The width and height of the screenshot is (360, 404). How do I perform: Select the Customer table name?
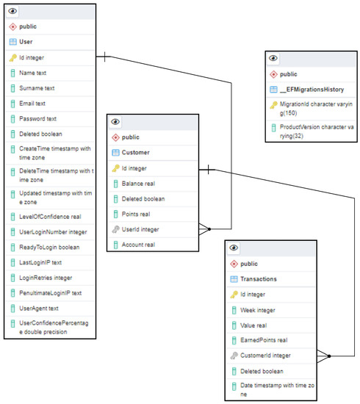(x=135, y=153)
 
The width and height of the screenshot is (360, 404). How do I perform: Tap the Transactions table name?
(x=259, y=279)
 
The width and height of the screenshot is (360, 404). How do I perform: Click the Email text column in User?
(x=32, y=104)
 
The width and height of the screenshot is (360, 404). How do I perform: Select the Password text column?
(x=40, y=119)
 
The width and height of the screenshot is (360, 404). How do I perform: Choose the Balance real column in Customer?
(x=143, y=184)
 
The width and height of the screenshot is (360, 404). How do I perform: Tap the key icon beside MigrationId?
(x=273, y=106)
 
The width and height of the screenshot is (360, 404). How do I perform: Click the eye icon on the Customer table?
(x=115, y=122)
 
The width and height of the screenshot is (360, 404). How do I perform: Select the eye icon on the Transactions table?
(x=234, y=248)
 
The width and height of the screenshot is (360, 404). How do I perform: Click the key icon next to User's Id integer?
(x=12, y=57)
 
